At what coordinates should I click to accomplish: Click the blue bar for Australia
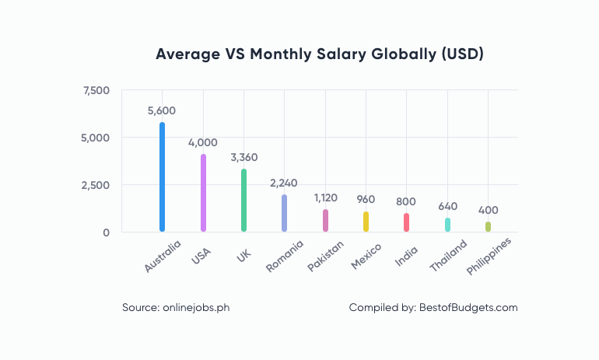163,177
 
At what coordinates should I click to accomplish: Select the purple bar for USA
203,192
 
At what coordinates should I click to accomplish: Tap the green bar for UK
243,200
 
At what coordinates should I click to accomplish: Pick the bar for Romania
284,213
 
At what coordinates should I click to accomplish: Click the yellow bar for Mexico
366,222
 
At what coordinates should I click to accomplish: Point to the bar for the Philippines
488,226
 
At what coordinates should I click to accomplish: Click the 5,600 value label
162,110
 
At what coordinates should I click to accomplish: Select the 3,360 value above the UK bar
243,158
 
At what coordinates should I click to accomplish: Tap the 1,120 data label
325,198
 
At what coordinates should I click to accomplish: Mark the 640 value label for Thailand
447,207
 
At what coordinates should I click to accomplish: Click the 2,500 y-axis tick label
96,185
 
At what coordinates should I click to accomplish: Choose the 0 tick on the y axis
106,232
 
